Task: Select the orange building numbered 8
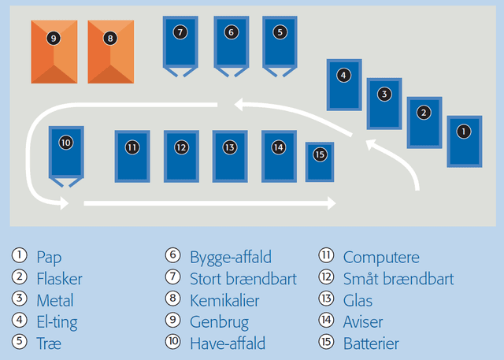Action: click(110, 51)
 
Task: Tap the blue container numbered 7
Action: click(181, 43)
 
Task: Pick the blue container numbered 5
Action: click(280, 43)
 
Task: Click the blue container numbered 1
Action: click(464, 141)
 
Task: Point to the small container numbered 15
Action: click(319, 161)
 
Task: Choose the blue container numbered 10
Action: click(65, 153)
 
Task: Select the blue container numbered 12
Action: click(181, 156)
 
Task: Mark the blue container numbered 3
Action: click(384, 103)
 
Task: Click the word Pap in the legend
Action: click(49, 257)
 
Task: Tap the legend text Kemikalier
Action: click(224, 300)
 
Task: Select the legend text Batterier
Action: click(371, 344)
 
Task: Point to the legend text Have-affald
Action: click(228, 344)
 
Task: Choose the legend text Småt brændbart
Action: click(398, 279)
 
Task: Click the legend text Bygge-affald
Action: click(231, 257)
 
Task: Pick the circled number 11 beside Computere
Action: click(327, 257)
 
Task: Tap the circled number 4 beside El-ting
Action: click(19, 321)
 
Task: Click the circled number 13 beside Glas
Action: click(327, 300)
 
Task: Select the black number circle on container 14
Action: click(278, 147)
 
